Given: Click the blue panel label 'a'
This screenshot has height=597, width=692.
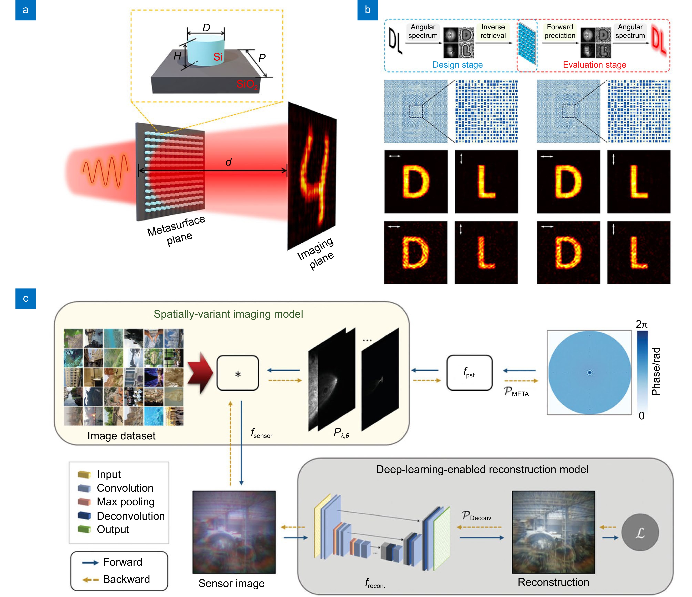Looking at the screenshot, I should [x=25, y=10].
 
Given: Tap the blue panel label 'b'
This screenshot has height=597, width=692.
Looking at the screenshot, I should [x=367, y=10].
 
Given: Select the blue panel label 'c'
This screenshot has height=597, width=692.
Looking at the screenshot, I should [x=25, y=298].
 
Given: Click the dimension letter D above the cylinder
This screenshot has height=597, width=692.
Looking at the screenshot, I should [x=206, y=28].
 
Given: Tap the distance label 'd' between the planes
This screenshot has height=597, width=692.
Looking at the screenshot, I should [x=228, y=162].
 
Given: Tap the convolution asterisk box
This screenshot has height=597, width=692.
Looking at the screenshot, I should [x=238, y=373].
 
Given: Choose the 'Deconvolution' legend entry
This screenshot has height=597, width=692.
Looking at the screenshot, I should [x=131, y=516].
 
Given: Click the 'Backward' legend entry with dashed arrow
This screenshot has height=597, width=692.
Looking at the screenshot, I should [x=126, y=579].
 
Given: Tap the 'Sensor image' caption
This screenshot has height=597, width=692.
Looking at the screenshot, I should [x=231, y=583].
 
